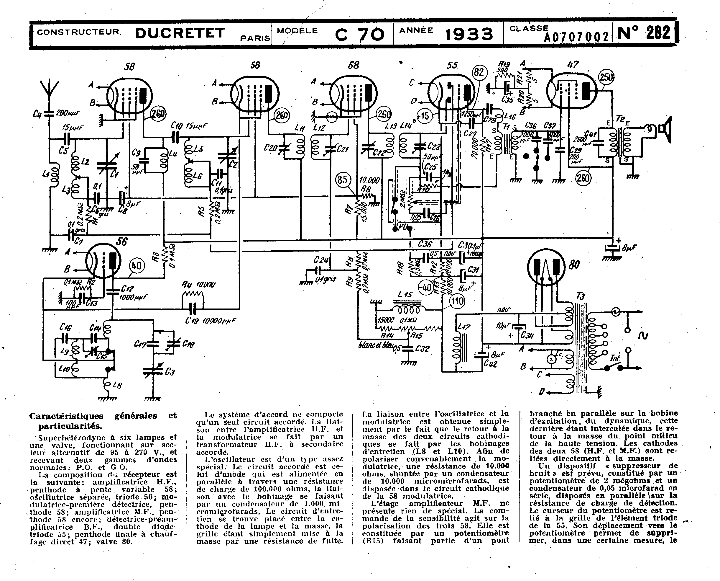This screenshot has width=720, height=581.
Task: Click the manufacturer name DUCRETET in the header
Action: (x=180, y=33)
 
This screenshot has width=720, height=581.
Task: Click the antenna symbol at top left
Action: (x=49, y=89)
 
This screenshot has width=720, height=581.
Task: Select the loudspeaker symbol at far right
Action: (x=665, y=130)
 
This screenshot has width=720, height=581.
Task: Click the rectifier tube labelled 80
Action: (x=545, y=267)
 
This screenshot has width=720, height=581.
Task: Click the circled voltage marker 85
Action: (x=343, y=180)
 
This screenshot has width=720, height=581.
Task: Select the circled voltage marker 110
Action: (x=457, y=301)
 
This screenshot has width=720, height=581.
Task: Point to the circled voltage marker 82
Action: (x=479, y=72)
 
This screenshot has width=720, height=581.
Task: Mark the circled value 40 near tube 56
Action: (x=137, y=266)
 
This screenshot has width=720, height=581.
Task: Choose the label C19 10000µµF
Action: (x=210, y=321)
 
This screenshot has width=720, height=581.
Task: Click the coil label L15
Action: (x=405, y=295)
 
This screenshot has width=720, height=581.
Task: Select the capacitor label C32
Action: (x=422, y=349)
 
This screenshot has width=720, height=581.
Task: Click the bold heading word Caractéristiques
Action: (x=66, y=416)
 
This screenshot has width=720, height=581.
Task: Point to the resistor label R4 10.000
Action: (x=198, y=285)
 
